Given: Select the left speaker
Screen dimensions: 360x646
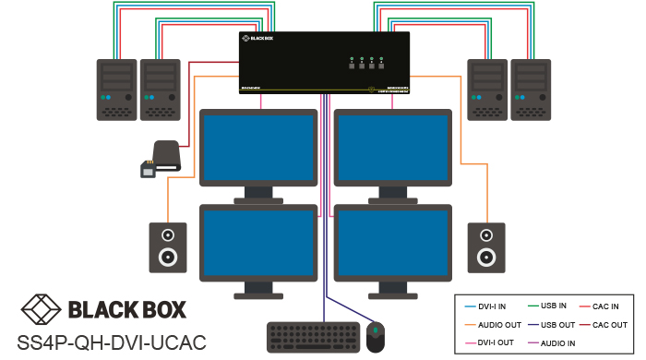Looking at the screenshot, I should pyautogui.click(x=167, y=246).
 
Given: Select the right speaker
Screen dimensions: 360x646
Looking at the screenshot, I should pyautogui.click(x=485, y=246).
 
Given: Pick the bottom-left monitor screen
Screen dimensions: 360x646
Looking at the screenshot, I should pyautogui.click(x=257, y=238).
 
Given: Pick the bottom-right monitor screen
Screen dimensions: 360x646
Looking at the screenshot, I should pyautogui.click(x=392, y=238).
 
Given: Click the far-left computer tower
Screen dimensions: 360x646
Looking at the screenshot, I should pyautogui.click(x=115, y=90).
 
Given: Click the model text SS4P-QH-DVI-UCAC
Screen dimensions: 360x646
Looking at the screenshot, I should pyautogui.click(x=103, y=339).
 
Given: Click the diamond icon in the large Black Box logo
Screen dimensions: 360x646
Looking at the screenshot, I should pyautogui.click(x=41, y=308).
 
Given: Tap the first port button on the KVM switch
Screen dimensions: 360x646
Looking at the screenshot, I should pyautogui.click(x=352, y=66).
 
